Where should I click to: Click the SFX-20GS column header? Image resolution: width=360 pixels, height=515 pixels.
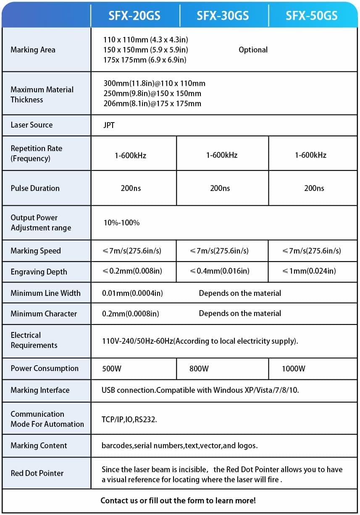click(134, 16)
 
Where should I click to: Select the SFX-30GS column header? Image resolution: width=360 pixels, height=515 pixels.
click(223, 16)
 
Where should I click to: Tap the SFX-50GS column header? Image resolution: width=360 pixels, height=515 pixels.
click(311, 16)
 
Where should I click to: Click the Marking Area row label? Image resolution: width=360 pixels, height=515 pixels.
click(33, 50)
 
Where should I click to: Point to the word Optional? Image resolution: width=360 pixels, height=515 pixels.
click(253, 50)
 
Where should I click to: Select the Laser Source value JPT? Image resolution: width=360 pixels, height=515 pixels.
click(109, 125)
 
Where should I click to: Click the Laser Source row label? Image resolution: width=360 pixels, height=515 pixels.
click(32, 125)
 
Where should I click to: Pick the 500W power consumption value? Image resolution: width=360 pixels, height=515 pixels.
click(112, 369)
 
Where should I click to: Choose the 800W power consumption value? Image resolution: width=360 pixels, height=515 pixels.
click(199, 369)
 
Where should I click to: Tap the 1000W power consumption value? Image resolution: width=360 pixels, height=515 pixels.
click(294, 369)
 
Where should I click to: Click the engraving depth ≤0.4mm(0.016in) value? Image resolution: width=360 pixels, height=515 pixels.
click(219, 271)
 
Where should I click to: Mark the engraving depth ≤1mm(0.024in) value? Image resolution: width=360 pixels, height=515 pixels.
click(309, 271)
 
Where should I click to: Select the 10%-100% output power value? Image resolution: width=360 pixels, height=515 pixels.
click(121, 222)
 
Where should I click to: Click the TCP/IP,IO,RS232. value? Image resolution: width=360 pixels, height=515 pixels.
click(129, 419)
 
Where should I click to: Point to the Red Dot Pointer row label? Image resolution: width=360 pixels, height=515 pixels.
click(37, 473)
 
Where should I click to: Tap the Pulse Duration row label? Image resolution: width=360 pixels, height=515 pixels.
click(35, 188)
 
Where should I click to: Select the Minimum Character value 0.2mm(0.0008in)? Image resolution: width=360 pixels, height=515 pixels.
click(131, 314)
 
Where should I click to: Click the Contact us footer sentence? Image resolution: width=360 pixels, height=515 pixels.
click(178, 500)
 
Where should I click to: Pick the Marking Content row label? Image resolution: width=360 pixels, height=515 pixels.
click(39, 445)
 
